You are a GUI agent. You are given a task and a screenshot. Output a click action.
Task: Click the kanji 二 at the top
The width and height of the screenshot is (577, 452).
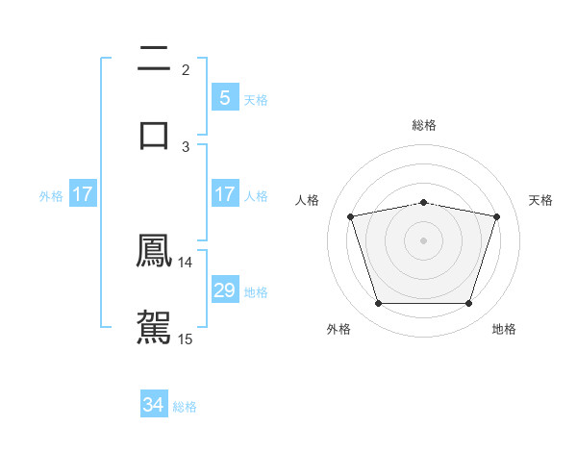click(x=154, y=61)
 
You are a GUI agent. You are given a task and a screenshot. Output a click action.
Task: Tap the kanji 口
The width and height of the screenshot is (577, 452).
click(x=154, y=134)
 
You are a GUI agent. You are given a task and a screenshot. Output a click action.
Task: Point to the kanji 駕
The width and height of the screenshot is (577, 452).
click(x=154, y=325)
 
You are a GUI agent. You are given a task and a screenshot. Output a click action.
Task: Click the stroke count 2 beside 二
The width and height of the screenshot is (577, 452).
click(x=186, y=70)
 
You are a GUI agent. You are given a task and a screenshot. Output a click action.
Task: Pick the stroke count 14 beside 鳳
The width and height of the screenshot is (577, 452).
click(x=186, y=263)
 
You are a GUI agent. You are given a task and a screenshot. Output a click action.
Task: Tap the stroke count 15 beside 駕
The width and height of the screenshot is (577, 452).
click(x=186, y=339)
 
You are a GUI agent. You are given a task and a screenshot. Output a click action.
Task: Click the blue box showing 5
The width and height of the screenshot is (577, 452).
click(x=224, y=98)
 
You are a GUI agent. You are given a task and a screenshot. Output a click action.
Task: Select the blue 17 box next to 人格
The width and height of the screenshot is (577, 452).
click(x=224, y=194)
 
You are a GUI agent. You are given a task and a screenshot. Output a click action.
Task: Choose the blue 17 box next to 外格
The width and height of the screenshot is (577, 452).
click(x=83, y=194)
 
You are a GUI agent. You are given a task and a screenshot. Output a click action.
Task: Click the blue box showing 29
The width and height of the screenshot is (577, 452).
click(x=224, y=290)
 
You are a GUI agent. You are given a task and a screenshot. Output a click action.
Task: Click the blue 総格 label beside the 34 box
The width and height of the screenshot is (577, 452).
click(x=185, y=407)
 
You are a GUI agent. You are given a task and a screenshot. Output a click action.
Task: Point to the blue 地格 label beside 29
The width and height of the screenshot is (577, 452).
click(x=256, y=291)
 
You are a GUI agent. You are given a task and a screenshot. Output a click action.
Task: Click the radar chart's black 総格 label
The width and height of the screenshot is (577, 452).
click(x=424, y=125)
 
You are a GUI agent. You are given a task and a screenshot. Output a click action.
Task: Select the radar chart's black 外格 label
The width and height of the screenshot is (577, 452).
click(x=339, y=330)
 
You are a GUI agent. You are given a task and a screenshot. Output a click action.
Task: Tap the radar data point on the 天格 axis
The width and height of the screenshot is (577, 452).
click(x=496, y=216)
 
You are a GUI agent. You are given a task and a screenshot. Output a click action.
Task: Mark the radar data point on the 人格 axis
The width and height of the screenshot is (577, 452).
click(x=351, y=216)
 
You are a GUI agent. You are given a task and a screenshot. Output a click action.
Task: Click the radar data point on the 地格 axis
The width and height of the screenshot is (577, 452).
click(x=468, y=304)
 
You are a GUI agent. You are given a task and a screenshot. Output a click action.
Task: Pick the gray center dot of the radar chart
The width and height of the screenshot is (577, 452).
click(x=424, y=240)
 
